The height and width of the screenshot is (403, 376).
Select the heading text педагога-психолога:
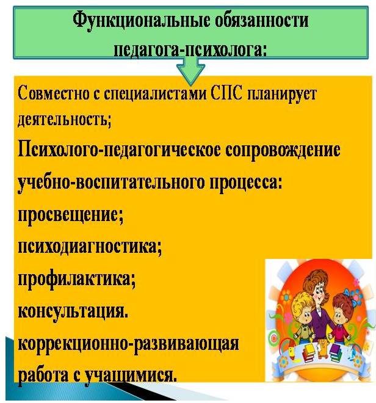[190, 50]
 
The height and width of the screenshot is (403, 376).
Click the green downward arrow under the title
[190, 70]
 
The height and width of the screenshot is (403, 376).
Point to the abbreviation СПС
[226, 94]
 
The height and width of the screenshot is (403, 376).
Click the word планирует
[282, 96]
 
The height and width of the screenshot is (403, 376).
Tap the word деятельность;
[65, 120]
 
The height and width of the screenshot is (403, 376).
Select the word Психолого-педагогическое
[119, 151]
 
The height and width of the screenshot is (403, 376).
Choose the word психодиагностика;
[90, 247]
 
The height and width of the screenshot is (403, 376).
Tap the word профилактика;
[76, 280]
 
